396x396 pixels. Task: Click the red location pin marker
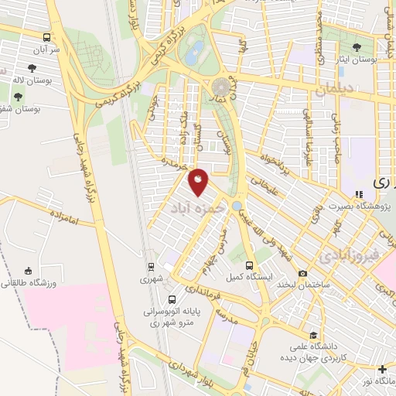click(199, 182)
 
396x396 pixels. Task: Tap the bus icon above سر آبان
click(47, 36)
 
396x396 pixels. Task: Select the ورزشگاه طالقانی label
click(28, 283)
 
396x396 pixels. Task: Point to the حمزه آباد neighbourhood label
click(197, 208)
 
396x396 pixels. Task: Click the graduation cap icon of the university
click(312, 336)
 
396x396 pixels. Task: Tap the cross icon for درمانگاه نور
click(382, 370)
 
